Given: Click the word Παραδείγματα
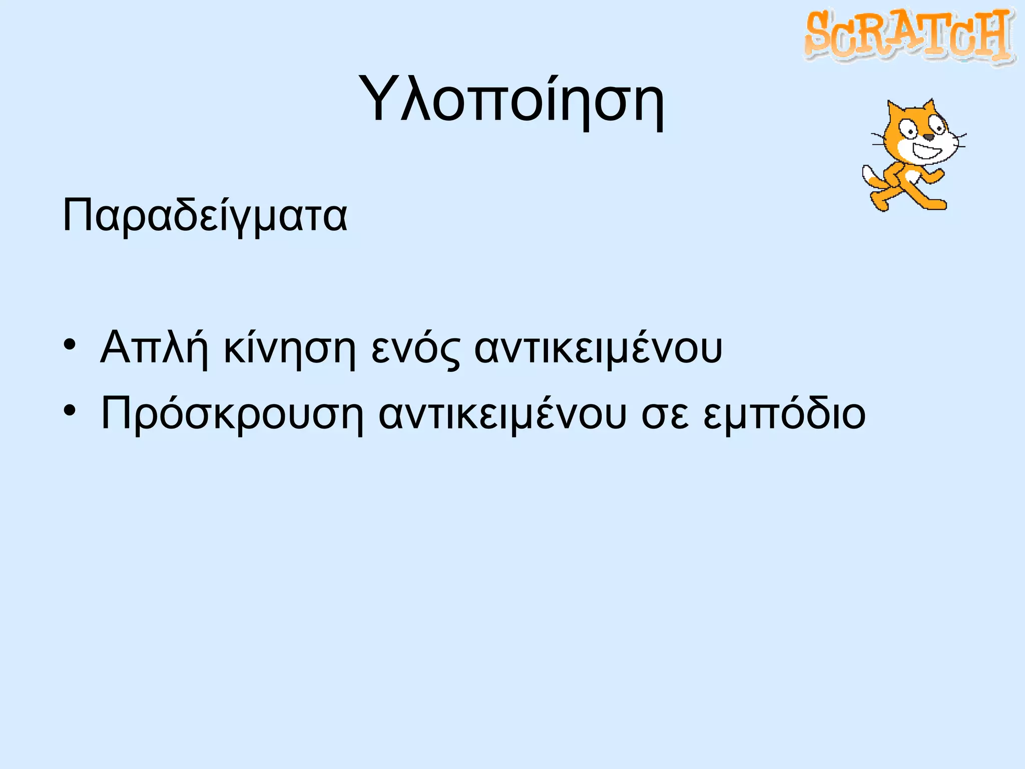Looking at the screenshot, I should (x=205, y=216).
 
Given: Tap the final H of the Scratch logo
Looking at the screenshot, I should (x=992, y=34).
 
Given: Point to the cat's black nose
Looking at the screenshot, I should (x=928, y=137).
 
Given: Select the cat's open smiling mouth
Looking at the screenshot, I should (x=926, y=151).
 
